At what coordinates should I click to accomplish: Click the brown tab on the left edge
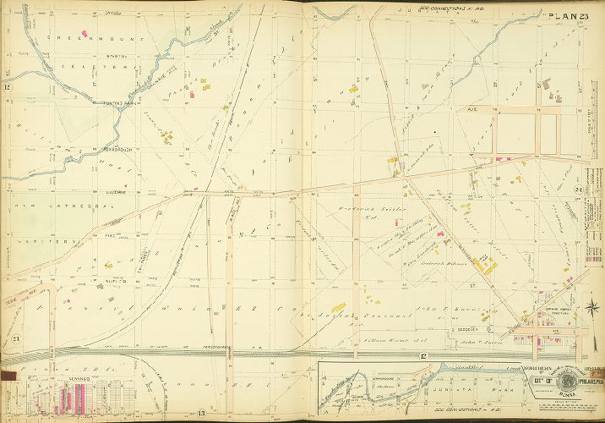8,373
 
